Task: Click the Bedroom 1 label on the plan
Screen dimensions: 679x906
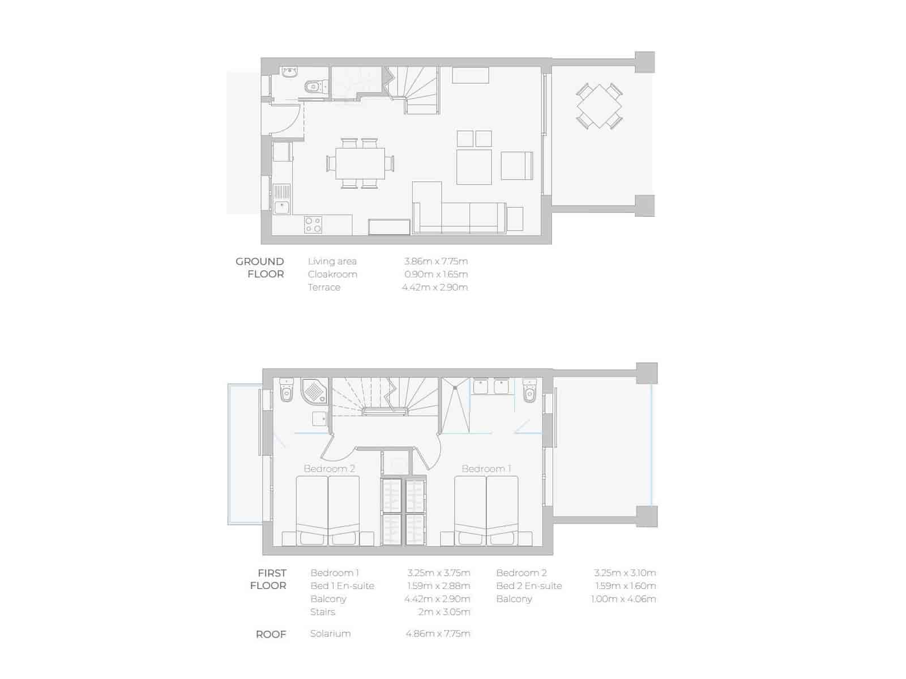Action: [x=486, y=468]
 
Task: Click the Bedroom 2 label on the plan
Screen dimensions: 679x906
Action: [x=329, y=468]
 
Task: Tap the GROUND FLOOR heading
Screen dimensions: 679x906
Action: [x=260, y=267]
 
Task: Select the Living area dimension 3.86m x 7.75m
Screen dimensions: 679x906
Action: [x=435, y=261]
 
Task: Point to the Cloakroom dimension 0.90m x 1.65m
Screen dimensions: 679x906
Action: [x=435, y=274]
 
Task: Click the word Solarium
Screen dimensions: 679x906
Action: [x=330, y=633]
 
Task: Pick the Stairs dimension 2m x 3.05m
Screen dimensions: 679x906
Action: [x=444, y=612]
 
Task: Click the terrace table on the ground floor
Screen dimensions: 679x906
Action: [x=599, y=106]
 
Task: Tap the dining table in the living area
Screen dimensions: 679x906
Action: [x=360, y=164]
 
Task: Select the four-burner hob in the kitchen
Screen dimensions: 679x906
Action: [x=313, y=225]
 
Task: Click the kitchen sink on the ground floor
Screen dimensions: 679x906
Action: [x=281, y=207]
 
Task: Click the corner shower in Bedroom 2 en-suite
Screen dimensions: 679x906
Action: [x=314, y=391]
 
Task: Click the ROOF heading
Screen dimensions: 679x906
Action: [x=271, y=634]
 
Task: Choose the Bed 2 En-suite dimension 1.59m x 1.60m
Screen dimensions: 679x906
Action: [x=625, y=586]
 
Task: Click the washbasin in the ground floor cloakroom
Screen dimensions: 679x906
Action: [x=290, y=72]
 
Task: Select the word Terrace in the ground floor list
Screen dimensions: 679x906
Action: [x=324, y=287]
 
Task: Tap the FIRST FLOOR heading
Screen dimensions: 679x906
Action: [x=269, y=579]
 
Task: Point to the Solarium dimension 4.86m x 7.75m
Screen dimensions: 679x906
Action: [x=437, y=633]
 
